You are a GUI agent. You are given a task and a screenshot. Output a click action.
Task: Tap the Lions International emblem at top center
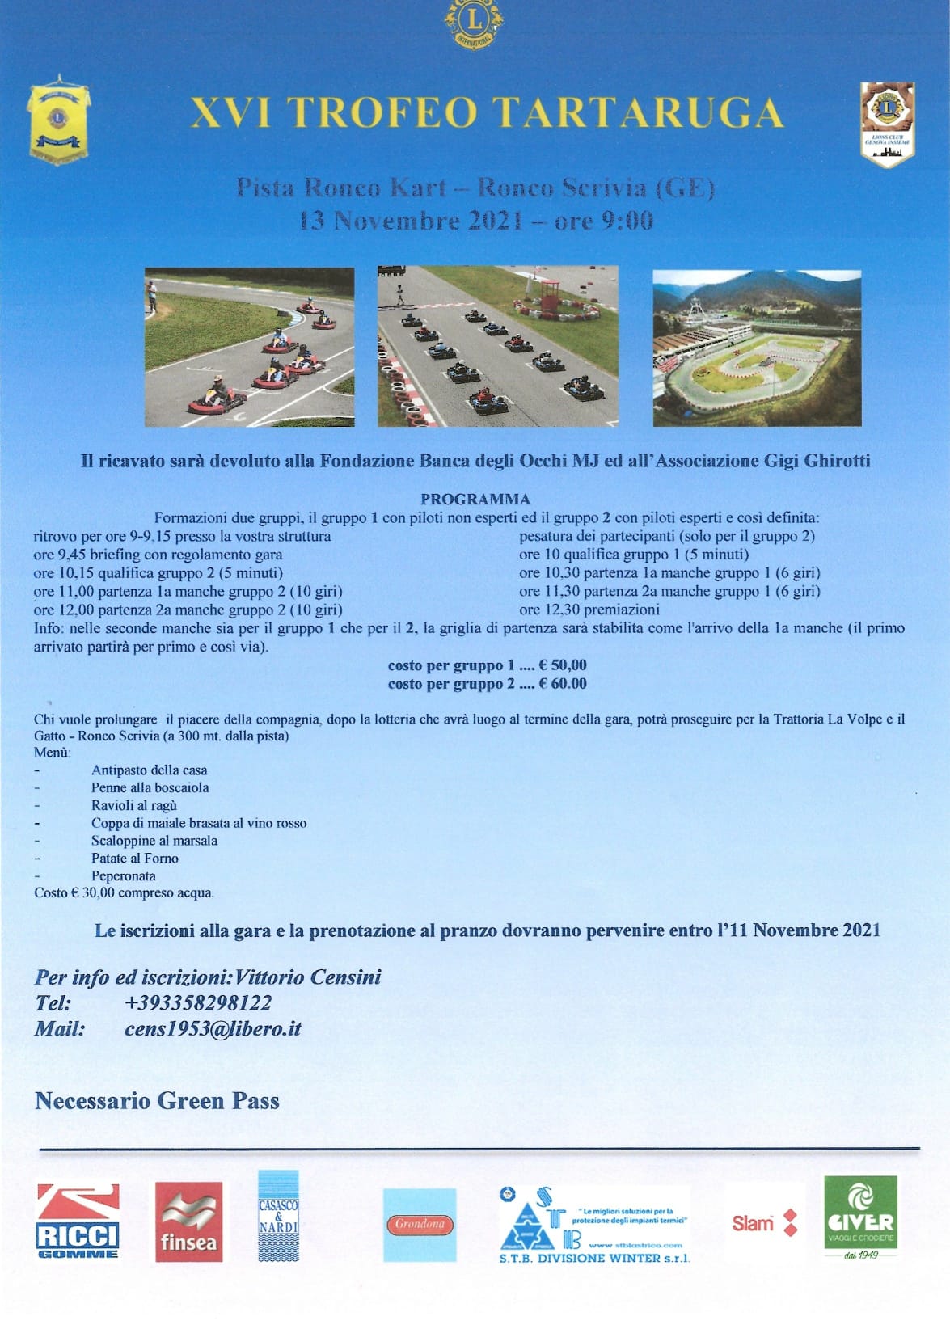click(x=474, y=22)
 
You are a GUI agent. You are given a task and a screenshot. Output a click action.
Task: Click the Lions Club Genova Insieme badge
click(x=887, y=124)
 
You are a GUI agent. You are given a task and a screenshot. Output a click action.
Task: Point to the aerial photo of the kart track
click(x=757, y=348)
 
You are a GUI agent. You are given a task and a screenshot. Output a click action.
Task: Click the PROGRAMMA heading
click(x=475, y=499)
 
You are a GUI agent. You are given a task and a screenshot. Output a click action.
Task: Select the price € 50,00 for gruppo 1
click(x=563, y=665)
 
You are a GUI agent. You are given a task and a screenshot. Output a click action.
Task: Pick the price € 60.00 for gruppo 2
click(x=563, y=684)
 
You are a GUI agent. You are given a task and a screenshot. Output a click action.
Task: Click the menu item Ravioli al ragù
click(x=134, y=805)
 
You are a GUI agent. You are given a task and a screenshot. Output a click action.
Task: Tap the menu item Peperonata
click(x=124, y=875)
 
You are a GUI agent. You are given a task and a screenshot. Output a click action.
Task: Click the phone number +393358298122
click(x=198, y=1003)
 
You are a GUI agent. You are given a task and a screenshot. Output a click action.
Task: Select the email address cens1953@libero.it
click(x=213, y=1029)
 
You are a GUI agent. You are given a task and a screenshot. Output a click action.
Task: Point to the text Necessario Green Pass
click(x=157, y=1101)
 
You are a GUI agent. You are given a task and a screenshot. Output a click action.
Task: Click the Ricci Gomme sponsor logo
click(x=78, y=1221)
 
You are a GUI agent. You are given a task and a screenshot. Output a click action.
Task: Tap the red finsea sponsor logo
click(x=188, y=1221)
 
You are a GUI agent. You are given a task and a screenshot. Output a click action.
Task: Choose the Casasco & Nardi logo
click(x=278, y=1216)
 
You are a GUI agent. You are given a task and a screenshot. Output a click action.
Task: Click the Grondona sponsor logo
click(x=420, y=1224)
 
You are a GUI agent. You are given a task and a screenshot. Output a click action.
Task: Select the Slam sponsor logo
click(x=764, y=1223)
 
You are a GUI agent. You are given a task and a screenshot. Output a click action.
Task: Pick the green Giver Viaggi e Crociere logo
click(x=860, y=1215)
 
